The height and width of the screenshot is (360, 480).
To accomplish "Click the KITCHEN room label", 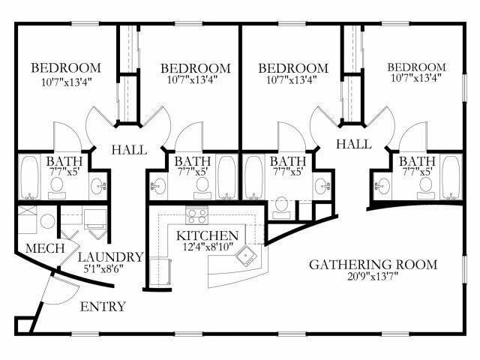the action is (207, 235).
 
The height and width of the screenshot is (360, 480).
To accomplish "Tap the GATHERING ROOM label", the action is (373, 265).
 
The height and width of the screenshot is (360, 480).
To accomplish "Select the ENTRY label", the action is (103, 307).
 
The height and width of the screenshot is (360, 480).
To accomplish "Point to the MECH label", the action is (45, 248).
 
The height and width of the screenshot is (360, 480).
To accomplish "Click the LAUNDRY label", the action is (111, 257).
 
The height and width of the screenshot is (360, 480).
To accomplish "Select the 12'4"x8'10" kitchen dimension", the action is (208, 247).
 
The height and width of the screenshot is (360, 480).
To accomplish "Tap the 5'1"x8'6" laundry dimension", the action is (103, 268).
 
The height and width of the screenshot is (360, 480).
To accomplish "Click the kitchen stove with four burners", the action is (196, 215).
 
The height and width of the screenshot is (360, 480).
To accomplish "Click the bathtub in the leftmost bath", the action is (29, 178).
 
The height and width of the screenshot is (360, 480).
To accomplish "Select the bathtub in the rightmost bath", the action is (451, 178).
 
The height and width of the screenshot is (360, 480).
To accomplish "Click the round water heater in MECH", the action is (48, 221).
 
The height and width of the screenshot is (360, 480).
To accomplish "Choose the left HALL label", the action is (129, 150).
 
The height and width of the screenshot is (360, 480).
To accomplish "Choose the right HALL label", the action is (354, 144).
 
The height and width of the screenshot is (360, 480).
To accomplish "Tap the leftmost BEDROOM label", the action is (66, 68).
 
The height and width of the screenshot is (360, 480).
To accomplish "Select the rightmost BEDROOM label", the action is (416, 67).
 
